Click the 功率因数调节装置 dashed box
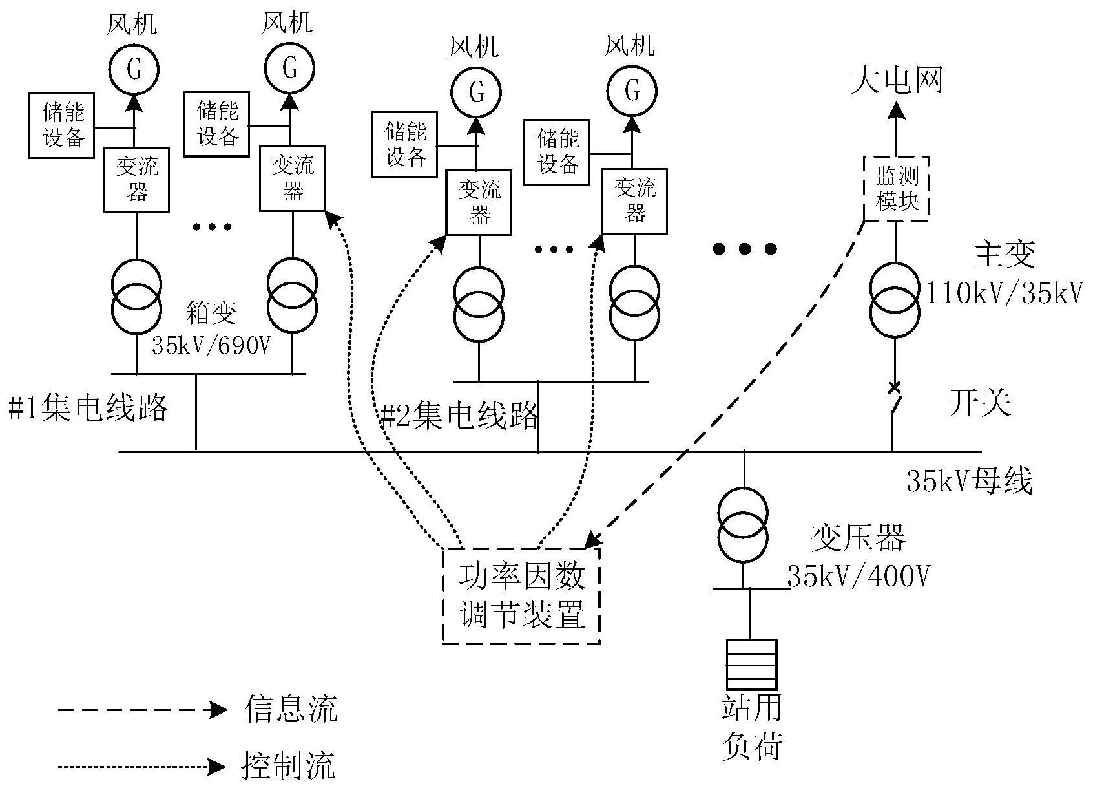tap(521, 595)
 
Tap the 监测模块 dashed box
tap(896, 188)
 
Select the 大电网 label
tap(896, 81)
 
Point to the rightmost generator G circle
tap(632, 91)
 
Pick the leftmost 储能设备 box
tap(63, 125)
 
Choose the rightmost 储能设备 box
tap(557, 152)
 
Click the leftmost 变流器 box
tap(137, 180)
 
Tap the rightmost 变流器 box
tap(634, 201)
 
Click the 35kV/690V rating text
tap(211, 345)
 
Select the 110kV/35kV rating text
tap(1004, 294)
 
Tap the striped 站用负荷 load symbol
tap(751, 665)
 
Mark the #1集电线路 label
tap(88, 409)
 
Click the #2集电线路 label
tap(459, 416)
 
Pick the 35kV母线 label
tap(969, 480)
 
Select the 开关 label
tap(979, 403)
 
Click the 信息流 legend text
tap(290, 709)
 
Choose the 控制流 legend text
tap(288, 766)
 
